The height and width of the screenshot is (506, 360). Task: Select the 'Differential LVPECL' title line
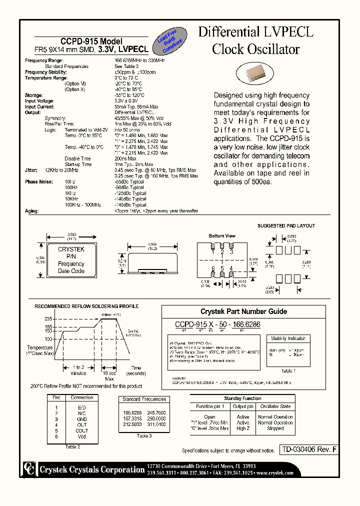(255, 32)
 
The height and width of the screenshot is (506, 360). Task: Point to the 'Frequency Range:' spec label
(44, 60)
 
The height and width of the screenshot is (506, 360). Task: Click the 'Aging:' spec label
(32, 211)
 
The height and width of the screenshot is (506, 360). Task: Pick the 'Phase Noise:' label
(38, 182)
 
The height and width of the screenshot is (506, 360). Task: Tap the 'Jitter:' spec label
(31, 170)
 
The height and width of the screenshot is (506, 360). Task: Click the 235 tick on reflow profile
(48, 319)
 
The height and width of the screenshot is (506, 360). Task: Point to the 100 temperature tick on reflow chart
(48, 339)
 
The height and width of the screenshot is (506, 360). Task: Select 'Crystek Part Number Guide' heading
(243, 311)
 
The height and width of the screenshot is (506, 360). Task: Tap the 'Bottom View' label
(222, 235)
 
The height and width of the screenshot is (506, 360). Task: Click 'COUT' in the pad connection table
(81, 430)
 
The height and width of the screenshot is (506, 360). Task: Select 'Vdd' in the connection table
(81, 437)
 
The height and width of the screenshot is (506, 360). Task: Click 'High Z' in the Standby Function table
(243, 429)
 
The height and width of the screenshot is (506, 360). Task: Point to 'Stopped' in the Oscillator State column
(275, 429)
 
